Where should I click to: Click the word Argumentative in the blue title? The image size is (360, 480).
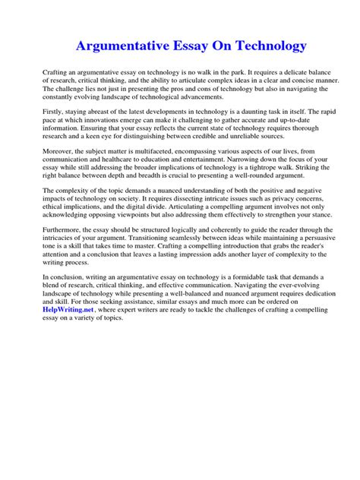[122, 46]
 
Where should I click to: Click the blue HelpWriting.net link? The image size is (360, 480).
[68, 310]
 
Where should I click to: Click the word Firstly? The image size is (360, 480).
[54, 112]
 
